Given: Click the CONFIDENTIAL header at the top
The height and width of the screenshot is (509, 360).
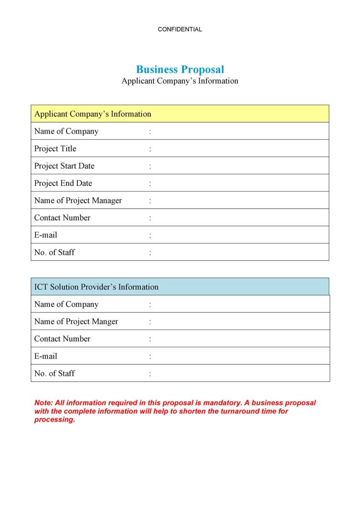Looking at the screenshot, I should pos(180,29).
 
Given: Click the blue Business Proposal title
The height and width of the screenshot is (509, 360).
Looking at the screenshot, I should pos(180,69).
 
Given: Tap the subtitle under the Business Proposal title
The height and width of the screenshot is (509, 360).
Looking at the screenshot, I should pos(180,81).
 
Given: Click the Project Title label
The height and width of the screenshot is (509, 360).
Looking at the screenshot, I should pos(55,149).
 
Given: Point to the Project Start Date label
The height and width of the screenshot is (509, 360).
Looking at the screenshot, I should pos(64,166).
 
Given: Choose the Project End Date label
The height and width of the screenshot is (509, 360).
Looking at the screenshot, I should pos(63,183).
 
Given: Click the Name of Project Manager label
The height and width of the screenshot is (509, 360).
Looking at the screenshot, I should pos(78,201).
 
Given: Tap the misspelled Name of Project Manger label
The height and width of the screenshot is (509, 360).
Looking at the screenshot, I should pos(76,322).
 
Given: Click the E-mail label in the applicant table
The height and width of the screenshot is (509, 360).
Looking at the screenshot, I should pos(46,235).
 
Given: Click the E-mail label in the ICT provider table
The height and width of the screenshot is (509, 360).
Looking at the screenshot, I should pos(46,356).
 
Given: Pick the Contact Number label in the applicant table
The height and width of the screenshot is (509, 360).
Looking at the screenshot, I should pos(62,218).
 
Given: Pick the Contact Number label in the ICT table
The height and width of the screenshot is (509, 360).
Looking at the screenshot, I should pos(62,339).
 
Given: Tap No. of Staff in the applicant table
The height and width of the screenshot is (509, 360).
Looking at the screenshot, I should pos(54,252).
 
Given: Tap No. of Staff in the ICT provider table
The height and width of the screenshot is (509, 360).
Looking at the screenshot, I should pos(54,374).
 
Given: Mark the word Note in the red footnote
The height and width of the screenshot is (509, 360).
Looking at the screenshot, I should pos(43,403).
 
